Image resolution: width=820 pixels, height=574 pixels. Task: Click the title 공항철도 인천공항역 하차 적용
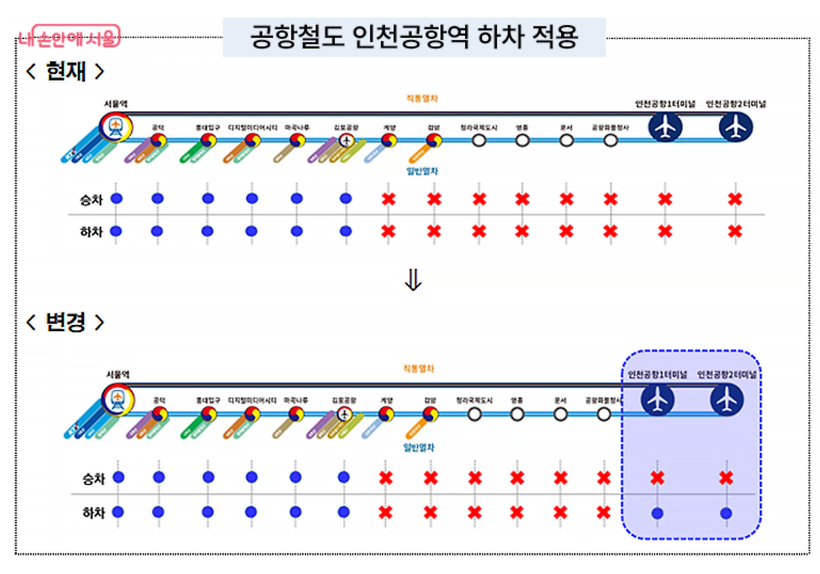[414, 38]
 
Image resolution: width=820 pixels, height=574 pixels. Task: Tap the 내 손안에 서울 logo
[69, 38]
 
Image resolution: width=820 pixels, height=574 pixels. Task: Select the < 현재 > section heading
[64, 71]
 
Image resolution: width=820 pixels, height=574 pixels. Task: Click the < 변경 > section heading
[64, 322]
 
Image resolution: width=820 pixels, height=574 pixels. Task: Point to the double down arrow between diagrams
[414, 281]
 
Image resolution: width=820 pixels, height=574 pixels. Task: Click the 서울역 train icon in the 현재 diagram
[116, 126]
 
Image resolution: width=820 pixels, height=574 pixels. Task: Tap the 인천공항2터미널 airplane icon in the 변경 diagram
[726, 400]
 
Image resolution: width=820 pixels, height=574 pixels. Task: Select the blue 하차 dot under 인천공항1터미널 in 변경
[657, 512]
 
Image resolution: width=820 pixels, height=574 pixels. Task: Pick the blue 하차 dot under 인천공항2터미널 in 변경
[726, 512]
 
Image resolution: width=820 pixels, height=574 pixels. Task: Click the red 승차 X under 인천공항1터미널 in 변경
[657, 477]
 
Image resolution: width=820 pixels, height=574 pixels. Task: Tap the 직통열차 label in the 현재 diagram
[416, 98]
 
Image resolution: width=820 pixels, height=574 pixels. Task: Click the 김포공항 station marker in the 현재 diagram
[347, 140]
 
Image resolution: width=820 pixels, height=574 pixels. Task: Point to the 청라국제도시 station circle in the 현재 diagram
[479, 140]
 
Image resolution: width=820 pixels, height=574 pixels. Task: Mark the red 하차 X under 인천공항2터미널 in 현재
[735, 231]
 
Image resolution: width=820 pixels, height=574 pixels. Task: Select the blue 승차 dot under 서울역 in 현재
[116, 199]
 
